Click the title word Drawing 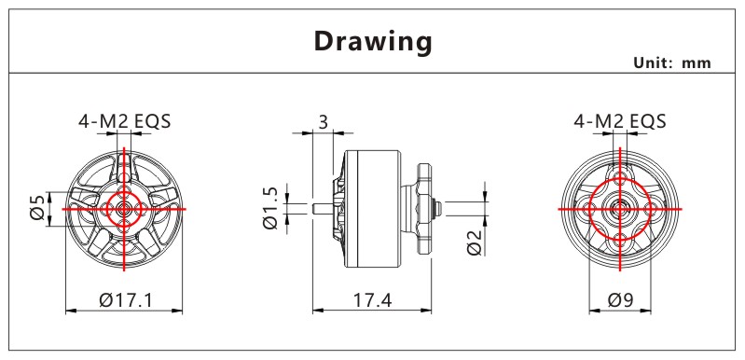tap(373, 42)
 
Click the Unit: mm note tap(672, 62)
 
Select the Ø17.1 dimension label tap(126, 299)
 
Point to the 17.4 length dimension tap(372, 299)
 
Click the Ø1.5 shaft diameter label tap(270, 208)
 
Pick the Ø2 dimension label tap(475, 242)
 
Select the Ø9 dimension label tap(620, 299)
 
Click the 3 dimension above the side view tap(324, 122)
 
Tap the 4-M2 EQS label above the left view tap(125, 121)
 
